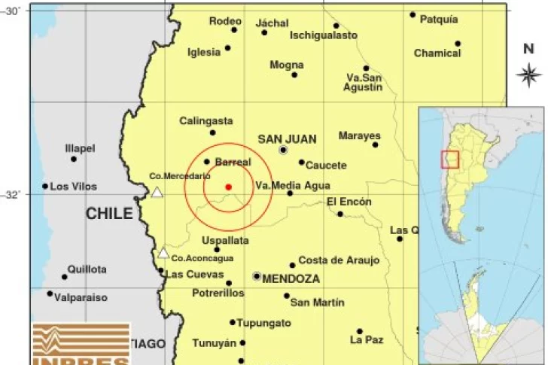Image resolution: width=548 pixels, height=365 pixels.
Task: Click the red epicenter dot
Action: point(228,187)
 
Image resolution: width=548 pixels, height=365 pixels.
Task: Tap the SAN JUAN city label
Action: point(287,138)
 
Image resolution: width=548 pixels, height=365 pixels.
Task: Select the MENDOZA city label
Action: point(291,278)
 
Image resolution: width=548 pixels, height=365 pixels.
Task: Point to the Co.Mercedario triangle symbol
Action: point(157,193)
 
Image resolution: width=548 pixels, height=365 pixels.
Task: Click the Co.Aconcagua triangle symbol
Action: point(163,253)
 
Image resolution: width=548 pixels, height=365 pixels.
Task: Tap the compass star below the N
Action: point(529,74)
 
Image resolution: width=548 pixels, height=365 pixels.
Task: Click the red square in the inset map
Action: point(449,160)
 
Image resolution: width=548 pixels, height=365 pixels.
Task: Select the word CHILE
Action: point(109,214)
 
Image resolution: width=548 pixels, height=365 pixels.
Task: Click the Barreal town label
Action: point(233,162)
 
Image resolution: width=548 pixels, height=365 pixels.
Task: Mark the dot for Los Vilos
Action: point(45,186)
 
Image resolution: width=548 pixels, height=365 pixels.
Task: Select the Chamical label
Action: point(437,53)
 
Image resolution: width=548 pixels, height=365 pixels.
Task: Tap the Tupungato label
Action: point(264,323)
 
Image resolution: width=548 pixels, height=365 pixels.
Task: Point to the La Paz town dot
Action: point(360,331)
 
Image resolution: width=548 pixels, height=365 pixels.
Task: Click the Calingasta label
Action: point(206,121)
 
